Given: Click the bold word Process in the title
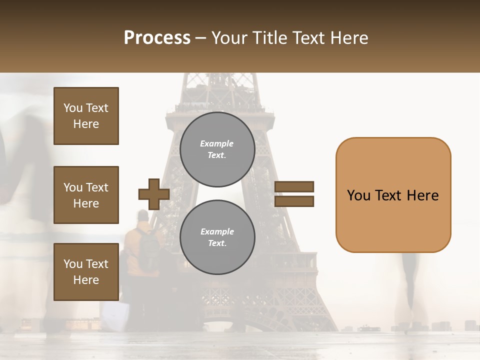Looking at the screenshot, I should click(157, 38).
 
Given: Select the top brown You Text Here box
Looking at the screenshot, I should click(86, 116).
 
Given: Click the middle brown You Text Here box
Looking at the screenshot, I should click(86, 195).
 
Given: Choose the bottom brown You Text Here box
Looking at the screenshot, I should click(86, 272).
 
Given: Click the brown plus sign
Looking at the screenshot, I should click(154, 194).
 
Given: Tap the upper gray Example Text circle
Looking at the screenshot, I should click(217, 149).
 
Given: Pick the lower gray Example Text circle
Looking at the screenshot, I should click(217, 237).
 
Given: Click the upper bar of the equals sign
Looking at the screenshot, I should click(294, 187).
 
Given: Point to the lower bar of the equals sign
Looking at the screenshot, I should click(294, 201).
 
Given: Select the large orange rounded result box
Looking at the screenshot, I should click(393, 195).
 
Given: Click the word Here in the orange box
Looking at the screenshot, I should click(422, 195).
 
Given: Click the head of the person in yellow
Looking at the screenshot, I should click(143, 216).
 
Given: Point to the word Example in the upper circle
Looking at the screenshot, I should click(216, 144).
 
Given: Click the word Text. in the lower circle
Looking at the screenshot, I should click(217, 243).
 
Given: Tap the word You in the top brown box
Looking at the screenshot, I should click(73, 108).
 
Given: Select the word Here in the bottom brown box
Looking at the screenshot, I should click(86, 280).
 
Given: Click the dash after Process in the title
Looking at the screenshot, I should click(201, 38).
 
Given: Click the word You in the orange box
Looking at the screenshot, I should click(358, 195).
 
